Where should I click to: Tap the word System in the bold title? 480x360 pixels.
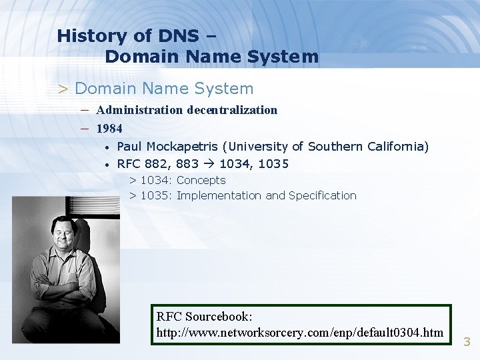tap(284, 57)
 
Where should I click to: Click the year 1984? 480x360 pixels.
tap(109, 128)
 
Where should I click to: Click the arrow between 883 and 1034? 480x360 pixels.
tap(209, 164)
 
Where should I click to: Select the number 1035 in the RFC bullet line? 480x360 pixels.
tap(274, 164)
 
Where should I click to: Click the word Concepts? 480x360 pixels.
tap(201, 180)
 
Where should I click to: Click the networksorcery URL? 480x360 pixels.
tap(300, 332)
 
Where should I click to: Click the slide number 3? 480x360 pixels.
tap(467, 342)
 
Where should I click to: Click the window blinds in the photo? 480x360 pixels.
tap(93, 210)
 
